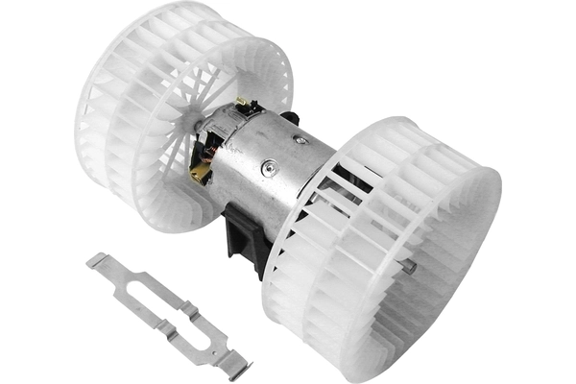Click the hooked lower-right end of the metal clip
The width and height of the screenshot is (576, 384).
point(234,366)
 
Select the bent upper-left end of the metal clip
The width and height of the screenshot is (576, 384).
point(96,259)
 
